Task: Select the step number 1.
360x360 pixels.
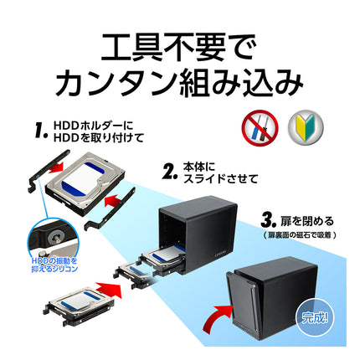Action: pos(38,131)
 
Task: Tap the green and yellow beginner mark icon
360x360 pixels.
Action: pos(305,126)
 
